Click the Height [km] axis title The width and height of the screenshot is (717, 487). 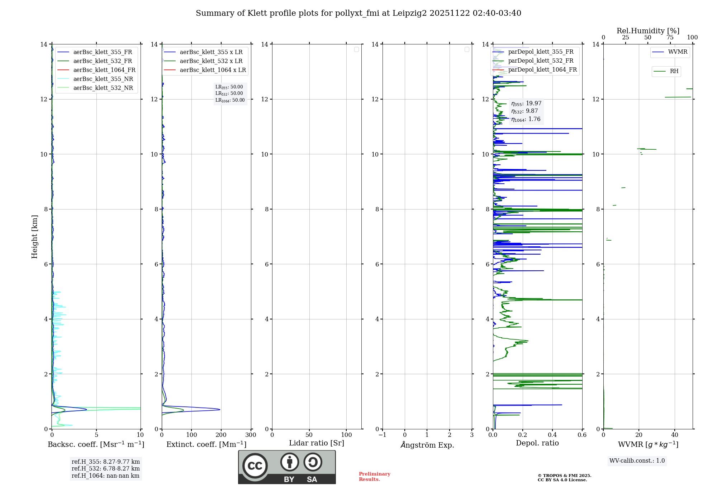point(34,237)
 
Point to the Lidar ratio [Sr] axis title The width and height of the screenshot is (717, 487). point(317,443)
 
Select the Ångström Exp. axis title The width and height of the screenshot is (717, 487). point(427,445)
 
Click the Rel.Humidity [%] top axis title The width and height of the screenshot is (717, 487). point(648,31)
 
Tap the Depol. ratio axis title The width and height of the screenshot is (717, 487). point(537,443)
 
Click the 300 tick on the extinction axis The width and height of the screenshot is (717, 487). point(251,435)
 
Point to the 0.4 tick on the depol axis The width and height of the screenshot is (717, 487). point(552,435)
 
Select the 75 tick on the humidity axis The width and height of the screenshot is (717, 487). point(670,38)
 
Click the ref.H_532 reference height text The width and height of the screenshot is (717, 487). point(106,469)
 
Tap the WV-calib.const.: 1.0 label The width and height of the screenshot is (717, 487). point(637,461)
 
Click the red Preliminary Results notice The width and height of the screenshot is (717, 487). point(374,477)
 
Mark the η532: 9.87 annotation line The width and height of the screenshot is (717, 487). point(525,111)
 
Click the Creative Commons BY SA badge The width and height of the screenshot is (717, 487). point(287,467)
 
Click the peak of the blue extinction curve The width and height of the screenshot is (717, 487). point(220,409)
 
